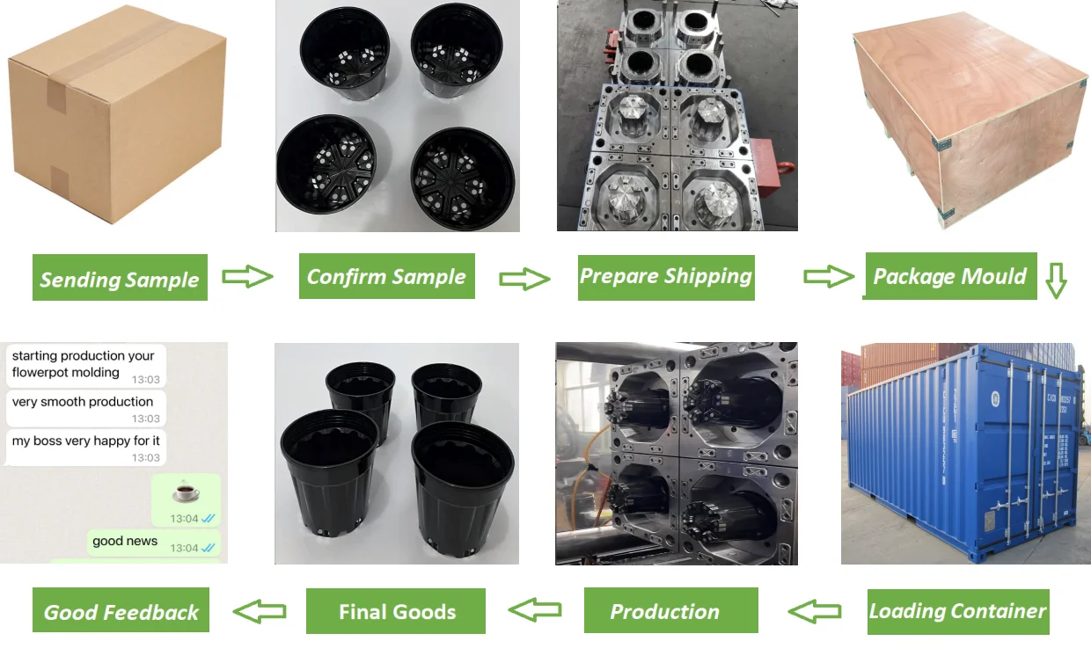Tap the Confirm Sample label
pyautogui.click(x=386, y=276)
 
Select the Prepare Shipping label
pyautogui.click(x=666, y=277)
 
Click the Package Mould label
pyautogui.click(x=949, y=276)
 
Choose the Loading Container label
pyautogui.click(x=958, y=612)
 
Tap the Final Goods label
pyautogui.click(x=396, y=611)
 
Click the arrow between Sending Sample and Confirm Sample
pyautogui.click(x=247, y=278)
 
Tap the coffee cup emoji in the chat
pyautogui.click(x=186, y=492)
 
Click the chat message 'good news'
pyautogui.click(x=125, y=541)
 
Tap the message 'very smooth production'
pyautogui.click(x=83, y=402)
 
